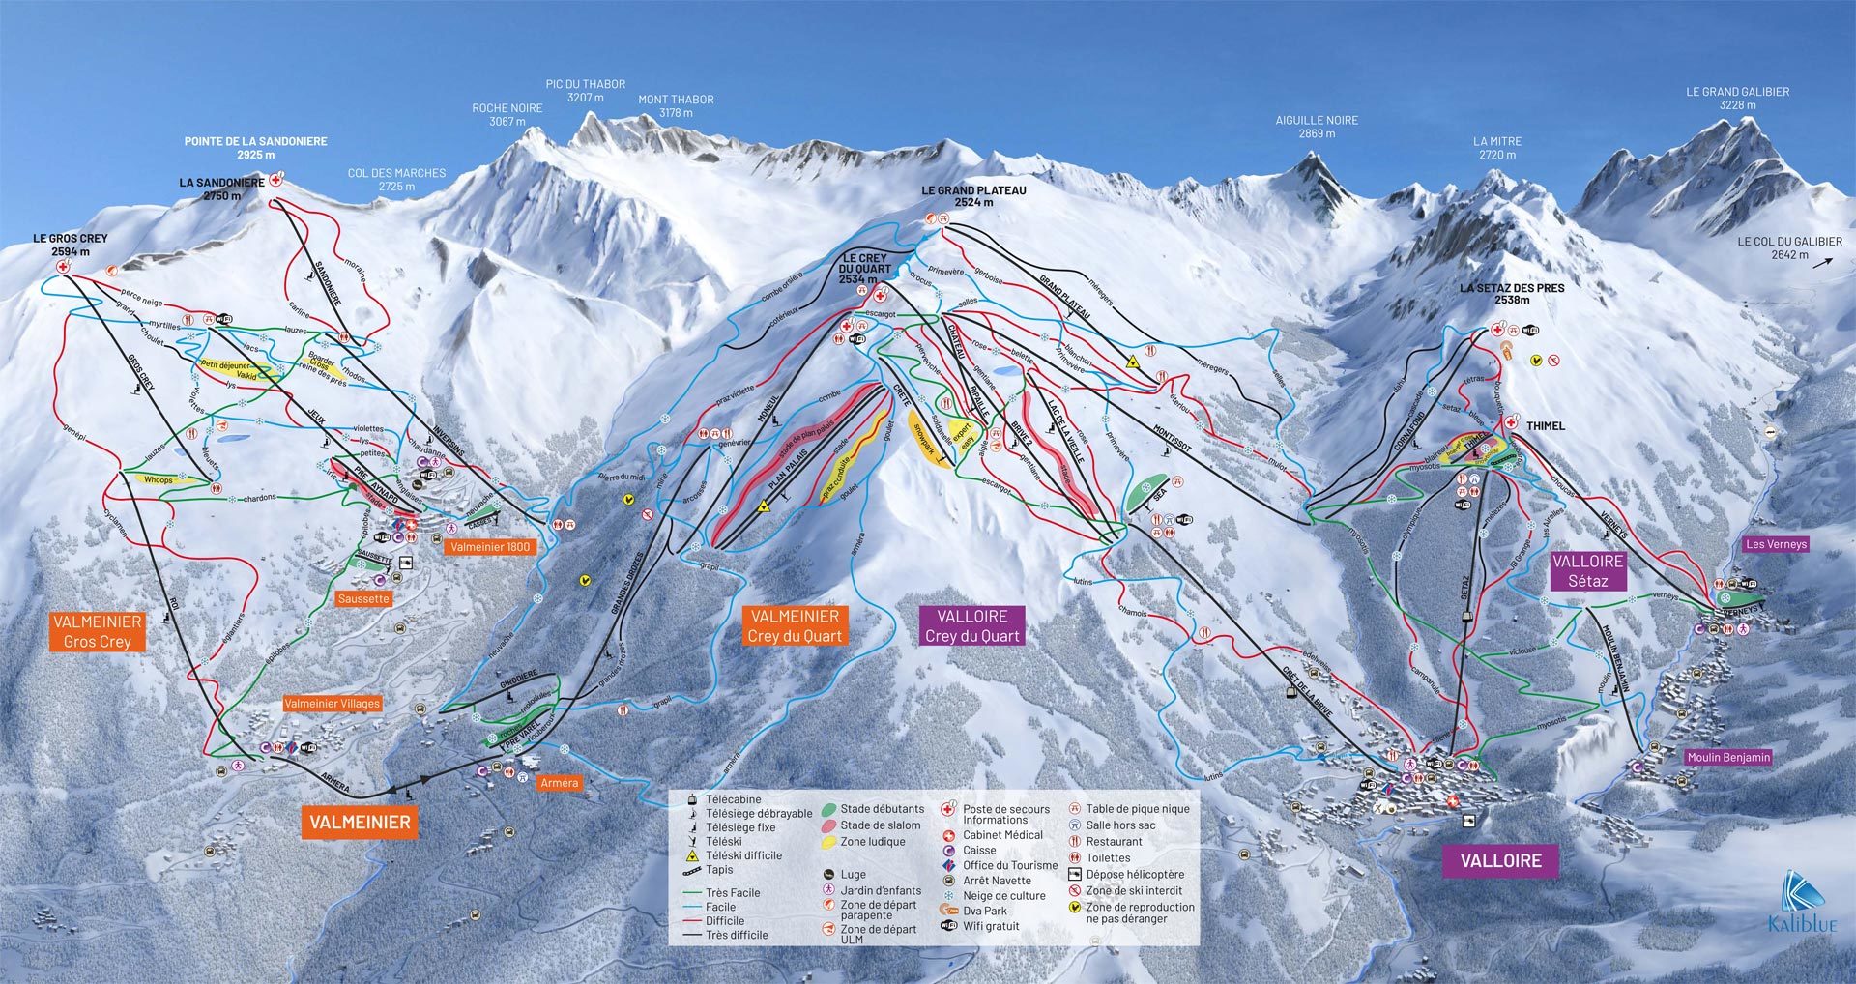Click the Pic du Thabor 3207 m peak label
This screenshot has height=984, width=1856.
[585, 91]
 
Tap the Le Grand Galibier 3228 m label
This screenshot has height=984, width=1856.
[1737, 99]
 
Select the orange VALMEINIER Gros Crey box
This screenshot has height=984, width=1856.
[98, 631]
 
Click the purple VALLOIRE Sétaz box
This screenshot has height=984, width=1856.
[1587, 570]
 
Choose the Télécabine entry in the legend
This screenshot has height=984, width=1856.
[733, 799]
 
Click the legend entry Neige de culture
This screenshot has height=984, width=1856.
[1003, 896]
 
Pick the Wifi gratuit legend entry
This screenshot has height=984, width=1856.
[990, 926]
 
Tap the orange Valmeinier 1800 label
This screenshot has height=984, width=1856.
[490, 547]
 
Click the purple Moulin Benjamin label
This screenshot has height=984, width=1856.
[1727, 757]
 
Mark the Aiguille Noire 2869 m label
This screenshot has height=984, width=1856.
[1317, 127]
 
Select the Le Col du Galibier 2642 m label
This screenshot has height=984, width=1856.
[1789, 248]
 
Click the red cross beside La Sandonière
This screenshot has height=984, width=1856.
[277, 180]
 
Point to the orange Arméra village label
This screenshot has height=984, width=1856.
[559, 783]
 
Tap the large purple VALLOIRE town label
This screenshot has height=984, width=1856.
[1500, 860]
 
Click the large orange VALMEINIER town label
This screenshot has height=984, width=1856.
[360, 823]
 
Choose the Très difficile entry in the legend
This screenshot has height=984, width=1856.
[736, 935]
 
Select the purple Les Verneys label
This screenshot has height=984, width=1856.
[1776, 544]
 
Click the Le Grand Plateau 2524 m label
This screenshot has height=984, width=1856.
[973, 196]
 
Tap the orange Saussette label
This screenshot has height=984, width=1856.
[363, 599]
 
